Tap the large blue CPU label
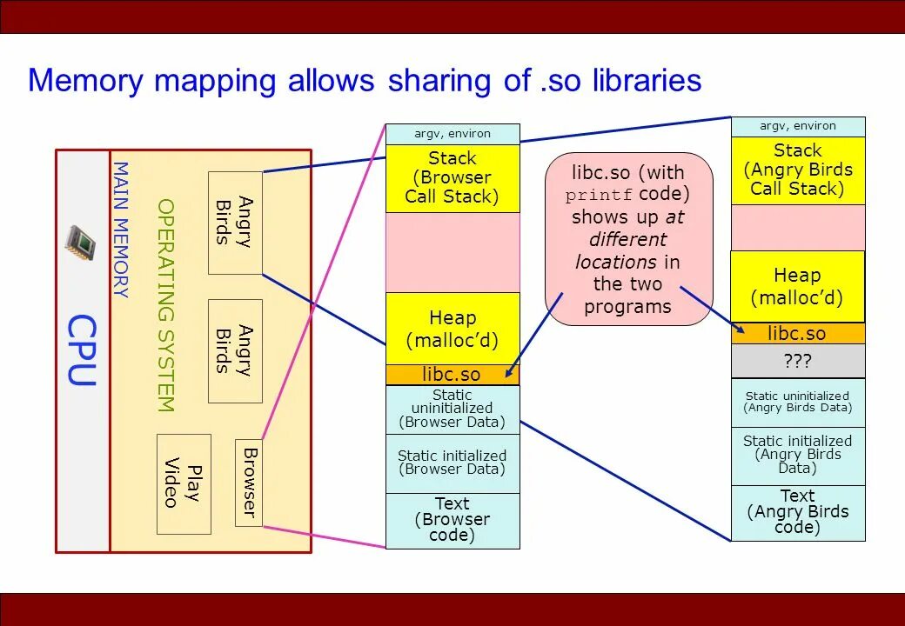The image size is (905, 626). [82, 350]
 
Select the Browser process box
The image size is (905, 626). [249, 483]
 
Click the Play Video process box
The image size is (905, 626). [184, 483]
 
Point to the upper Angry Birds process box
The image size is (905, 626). [235, 223]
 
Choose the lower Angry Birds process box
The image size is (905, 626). [235, 350]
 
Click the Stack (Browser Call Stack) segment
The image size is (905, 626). [452, 177]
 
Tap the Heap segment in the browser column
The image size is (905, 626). [452, 329]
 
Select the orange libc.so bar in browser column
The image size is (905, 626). [452, 375]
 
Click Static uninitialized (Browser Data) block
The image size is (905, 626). [452, 409]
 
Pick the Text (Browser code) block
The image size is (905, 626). [452, 520]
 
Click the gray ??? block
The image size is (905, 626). [798, 360]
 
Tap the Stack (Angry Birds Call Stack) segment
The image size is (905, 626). [798, 170]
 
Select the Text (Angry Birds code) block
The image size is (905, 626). [798, 512]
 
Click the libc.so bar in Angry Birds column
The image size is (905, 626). [798, 334]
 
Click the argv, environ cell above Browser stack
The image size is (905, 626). [452, 134]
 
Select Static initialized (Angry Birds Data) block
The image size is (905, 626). [798, 455]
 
